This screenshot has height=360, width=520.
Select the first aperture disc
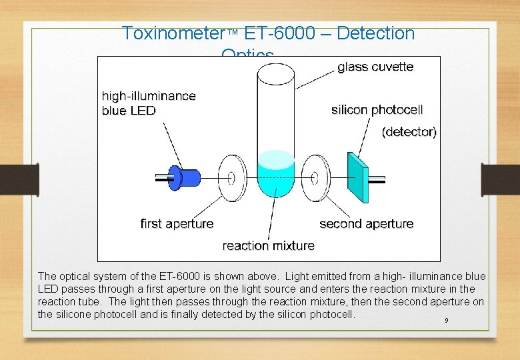pyautogui.click(x=231, y=178)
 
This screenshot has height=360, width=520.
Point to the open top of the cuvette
pyautogui.click(x=275, y=73)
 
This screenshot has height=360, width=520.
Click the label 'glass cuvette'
pyautogui.click(x=375, y=67)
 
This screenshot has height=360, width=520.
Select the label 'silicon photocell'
pyautogui.click(x=377, y=110)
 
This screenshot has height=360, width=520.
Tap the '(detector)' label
pyautogui.click(x=409, y=132)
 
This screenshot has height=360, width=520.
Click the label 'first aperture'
pyautogui.click(x=177, y=224)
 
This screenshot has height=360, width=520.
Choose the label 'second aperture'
pyautogui.click(x=366, y=224)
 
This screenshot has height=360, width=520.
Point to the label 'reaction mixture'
pyautogui.click(x=268, y=246)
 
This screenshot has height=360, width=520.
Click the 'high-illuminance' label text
pyautogui.click(x=149, y=96)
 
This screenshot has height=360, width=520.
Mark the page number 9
pyautogui.click(x=446, y=321)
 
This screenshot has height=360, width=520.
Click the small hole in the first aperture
pyautogui.click(x=232, y=178)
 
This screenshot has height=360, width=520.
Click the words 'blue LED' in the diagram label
pyautogui.click(x=128, y=111)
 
